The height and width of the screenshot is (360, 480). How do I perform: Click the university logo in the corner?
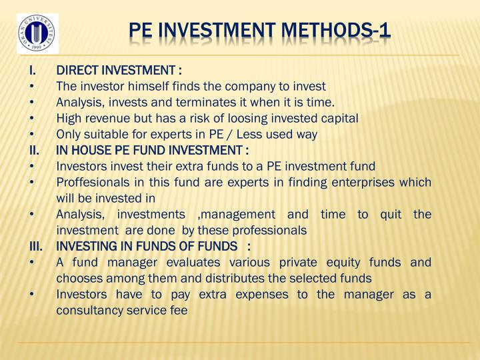(x=36, y=33)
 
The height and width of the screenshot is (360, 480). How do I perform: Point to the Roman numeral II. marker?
(x=34, y=150)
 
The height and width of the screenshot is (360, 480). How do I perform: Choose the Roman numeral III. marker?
(x=36, y=246)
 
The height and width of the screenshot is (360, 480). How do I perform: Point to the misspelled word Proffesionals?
(x=93, y=182)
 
